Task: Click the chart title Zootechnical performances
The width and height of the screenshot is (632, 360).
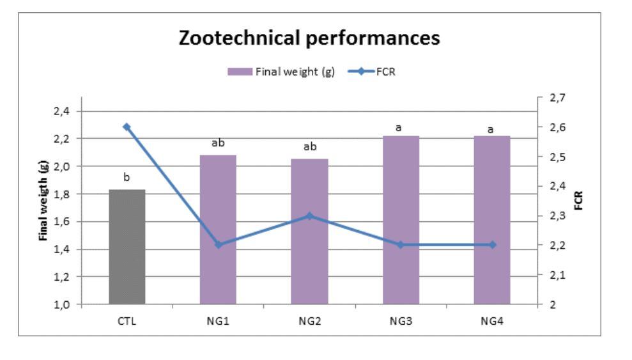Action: point(309,38)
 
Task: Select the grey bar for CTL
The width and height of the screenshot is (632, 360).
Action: point(127,247)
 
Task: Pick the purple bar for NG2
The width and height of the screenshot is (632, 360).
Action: point(309,231)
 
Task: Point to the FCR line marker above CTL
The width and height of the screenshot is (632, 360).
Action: point(127,127)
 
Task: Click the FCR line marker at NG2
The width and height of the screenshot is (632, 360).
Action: point(309,215)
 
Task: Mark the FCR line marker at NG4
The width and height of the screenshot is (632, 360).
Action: point(492,245)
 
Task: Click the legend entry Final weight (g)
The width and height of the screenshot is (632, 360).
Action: point(281,72)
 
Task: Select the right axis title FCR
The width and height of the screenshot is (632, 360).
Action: point(579,201)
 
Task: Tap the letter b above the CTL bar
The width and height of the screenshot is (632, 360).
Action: point(127,177)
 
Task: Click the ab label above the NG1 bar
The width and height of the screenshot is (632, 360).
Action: point(218,143)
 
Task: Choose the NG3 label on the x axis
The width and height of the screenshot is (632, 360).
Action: point(401,321)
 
